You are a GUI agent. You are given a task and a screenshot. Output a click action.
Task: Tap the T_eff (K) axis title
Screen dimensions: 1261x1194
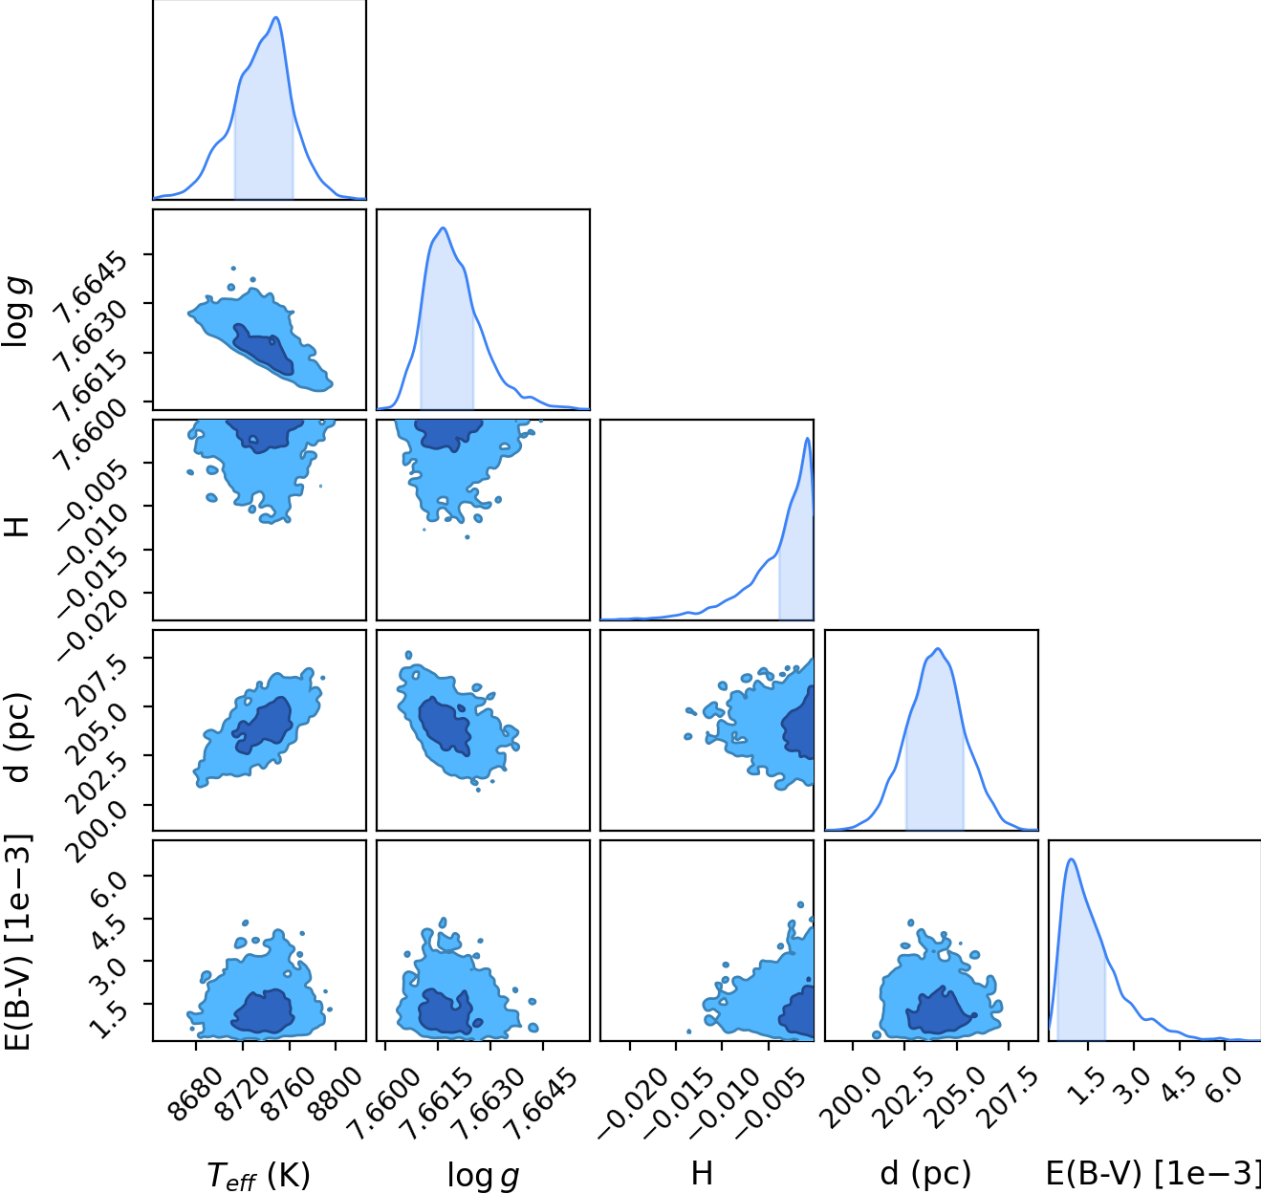(258, 1174)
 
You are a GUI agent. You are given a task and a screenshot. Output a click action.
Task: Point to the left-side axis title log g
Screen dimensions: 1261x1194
(15, 312)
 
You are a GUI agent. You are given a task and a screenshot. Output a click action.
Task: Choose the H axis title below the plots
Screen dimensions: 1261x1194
(702, 1174)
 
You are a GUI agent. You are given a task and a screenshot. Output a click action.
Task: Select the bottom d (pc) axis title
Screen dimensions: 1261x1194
(925, 1174)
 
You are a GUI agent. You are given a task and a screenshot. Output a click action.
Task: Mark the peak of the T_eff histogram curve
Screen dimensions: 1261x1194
(275, 16)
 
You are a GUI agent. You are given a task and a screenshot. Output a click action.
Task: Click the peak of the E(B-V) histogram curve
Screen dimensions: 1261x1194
(1071, 859)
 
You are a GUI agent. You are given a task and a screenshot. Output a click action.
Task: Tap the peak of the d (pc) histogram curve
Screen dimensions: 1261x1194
(938, 649)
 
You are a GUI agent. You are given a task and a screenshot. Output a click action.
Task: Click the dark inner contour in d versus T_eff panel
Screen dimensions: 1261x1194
(263, 725)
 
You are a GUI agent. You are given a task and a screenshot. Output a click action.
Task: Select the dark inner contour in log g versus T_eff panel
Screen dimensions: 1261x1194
(264, 349)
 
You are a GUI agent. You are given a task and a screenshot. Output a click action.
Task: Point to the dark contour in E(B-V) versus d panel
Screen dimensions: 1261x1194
(940, 1011)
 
